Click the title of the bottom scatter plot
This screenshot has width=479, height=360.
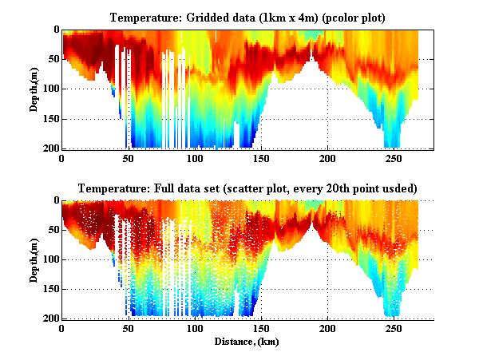247,188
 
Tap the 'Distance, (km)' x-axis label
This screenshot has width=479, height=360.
247,342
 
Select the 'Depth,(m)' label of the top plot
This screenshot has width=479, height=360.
35,89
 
